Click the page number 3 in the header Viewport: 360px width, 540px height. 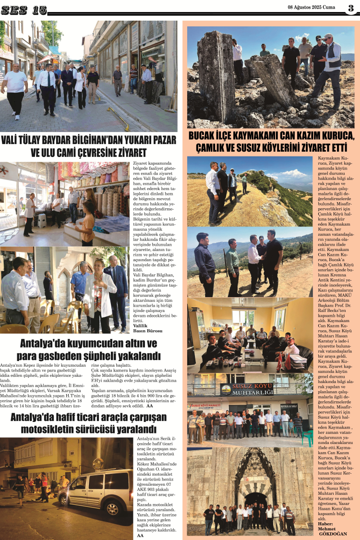click(x=351, y=8)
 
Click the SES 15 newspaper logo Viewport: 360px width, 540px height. click(x=24, y=10)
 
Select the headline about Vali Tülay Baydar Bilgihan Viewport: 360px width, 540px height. click(x=89, y=146)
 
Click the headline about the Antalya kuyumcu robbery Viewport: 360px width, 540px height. click(x=88, y=350)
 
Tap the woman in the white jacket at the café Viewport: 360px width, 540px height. click(x=98, y=293)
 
